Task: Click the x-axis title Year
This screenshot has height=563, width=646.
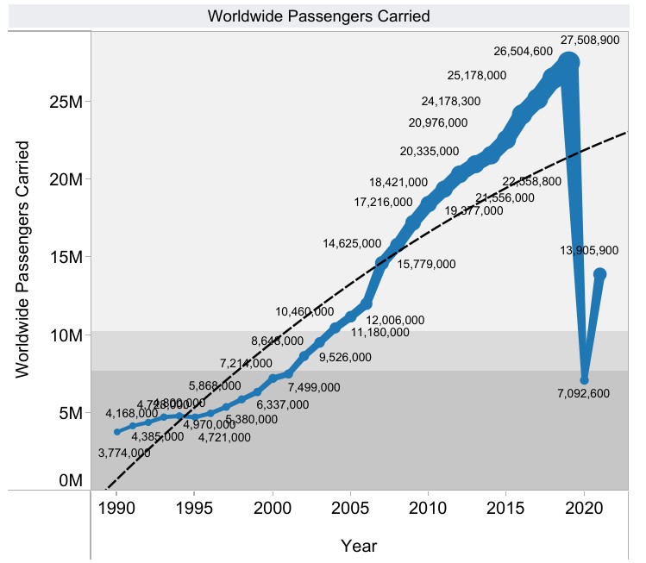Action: [358, 546]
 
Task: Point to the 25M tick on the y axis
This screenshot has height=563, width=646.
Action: [65, 102]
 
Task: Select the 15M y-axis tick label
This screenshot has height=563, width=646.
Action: [65, 258]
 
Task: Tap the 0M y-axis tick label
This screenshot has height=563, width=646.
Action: [69, 480]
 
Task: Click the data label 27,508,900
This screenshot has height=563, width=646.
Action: [590, 40]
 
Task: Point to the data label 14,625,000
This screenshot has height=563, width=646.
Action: [352, 244]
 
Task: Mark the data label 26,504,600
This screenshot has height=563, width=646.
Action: [523, 52]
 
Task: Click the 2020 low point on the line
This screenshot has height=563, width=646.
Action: [585, 379]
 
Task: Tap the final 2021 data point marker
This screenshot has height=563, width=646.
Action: [599, 274]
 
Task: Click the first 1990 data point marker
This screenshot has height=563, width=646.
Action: [117, 431]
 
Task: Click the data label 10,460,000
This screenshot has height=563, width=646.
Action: [305, 311]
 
